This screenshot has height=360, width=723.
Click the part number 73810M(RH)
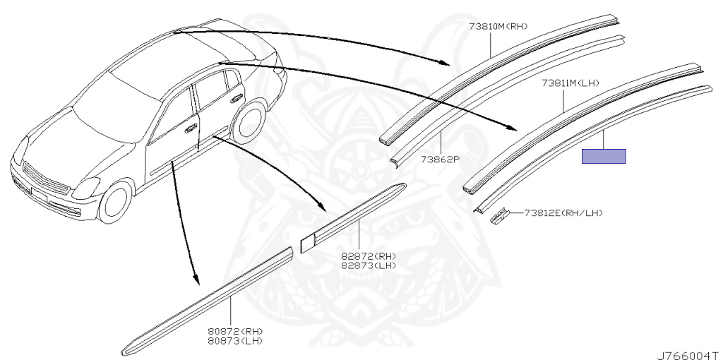coord(498,27)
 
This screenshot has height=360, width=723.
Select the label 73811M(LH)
coord(570,83)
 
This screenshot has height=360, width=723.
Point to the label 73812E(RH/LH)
coord(563,212)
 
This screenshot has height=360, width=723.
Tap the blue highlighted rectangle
coord(604,156)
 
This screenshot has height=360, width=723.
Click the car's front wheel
coord(115,202)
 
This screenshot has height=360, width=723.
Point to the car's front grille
coord(47,177)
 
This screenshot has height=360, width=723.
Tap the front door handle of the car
coord(191,130)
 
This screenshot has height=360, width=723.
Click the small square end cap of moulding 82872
coord(307,242)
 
